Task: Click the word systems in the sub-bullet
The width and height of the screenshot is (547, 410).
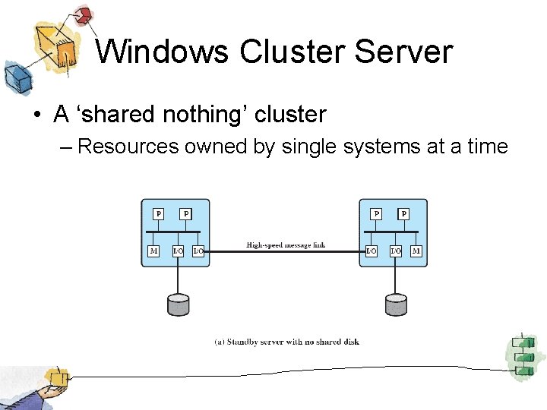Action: click(x=375, y=146)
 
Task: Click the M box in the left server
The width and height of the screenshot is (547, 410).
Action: click(x=153, y=251)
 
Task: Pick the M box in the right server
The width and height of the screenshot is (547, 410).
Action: click(x=416, y=251)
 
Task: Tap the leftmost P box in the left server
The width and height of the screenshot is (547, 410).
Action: click(x=159, y=214)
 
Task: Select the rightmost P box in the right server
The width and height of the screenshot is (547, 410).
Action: click(x=403, y=214)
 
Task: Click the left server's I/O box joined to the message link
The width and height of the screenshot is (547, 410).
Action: click(x=198, y=251)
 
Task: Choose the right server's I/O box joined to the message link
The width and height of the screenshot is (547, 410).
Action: click(x=371, y=251)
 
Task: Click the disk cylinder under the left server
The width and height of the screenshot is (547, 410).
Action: click(x=178, y=304)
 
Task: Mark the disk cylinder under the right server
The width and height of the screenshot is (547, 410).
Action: click(x=396, y=304)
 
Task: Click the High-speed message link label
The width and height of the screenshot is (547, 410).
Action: click(x=285, y=245)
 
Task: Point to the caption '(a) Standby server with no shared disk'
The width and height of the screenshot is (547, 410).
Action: click(x=286, y=342)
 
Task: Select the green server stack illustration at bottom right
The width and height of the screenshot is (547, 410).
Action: click(x=522, y=355)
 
